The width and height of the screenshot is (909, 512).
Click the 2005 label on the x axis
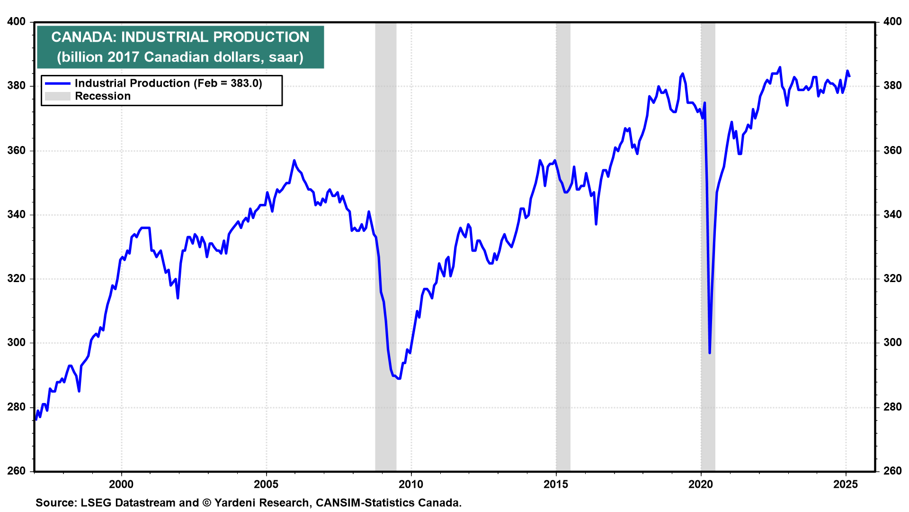pyautogui.click(x=266, y=484)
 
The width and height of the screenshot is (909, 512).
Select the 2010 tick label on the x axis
pyautogui.click(x=411, y=484)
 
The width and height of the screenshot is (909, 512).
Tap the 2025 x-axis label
pyautogui.click(x=846, y=484)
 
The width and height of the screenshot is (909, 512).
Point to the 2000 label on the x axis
pyautogui.click(x=121, y=484)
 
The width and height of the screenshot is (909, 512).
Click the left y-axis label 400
pyautogui.click(x=17, y=22)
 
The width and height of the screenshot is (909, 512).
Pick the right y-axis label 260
pyautogui.click(x=892, y=471)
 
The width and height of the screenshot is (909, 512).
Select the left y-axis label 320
pyautogui.click(x=17, y=279)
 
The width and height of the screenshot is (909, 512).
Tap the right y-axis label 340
pyautogui.click(x=892, y=215)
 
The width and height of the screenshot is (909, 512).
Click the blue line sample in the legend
pyautogui.click(x=57, y=83)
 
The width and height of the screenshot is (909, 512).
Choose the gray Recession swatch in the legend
pyautogui.click(x=57, y=96)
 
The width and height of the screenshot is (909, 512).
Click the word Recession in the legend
pyautogui.click(x=103, y=96)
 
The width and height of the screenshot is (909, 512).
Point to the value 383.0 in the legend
pyautogui.click(x=246, y=83)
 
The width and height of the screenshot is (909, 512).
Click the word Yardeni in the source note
pyautogui.click(x=237, y=503)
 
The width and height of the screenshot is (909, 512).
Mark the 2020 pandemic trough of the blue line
pyautogui.click(x=709, y=353)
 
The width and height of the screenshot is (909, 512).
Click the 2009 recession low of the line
pyautogui.click(x=399, y=378)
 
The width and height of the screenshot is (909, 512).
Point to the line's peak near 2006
pyautogui.click(x=294, y=160)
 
